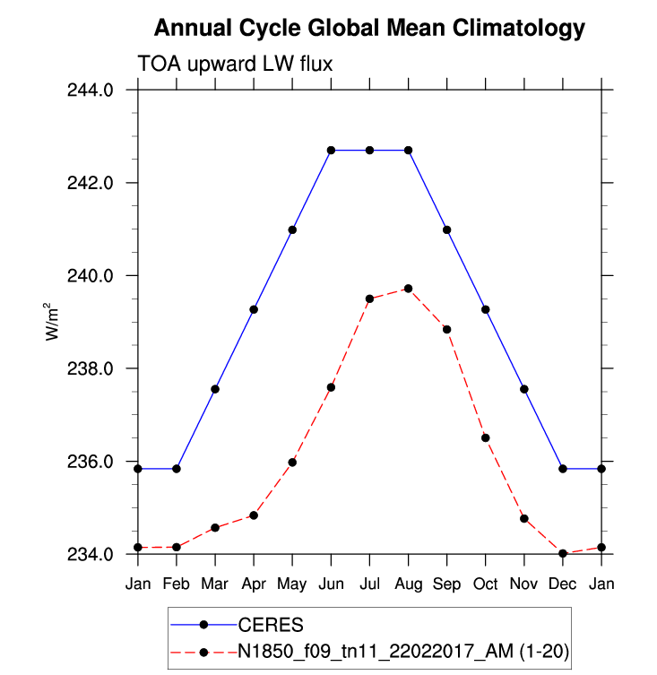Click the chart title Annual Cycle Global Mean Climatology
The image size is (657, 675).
click(369, 29)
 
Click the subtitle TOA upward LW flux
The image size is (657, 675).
click(235, 64)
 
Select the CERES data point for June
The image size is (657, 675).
click(331, 150)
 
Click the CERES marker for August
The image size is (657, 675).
click(408, 150)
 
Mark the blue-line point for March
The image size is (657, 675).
click(215, 389)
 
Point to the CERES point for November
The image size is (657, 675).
click(524, 389)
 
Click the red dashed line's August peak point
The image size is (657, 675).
click(408, 289)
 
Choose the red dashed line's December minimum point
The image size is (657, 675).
click(563, 554)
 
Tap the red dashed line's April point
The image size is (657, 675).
click(254, 515)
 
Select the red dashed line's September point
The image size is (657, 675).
click(446, 329)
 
